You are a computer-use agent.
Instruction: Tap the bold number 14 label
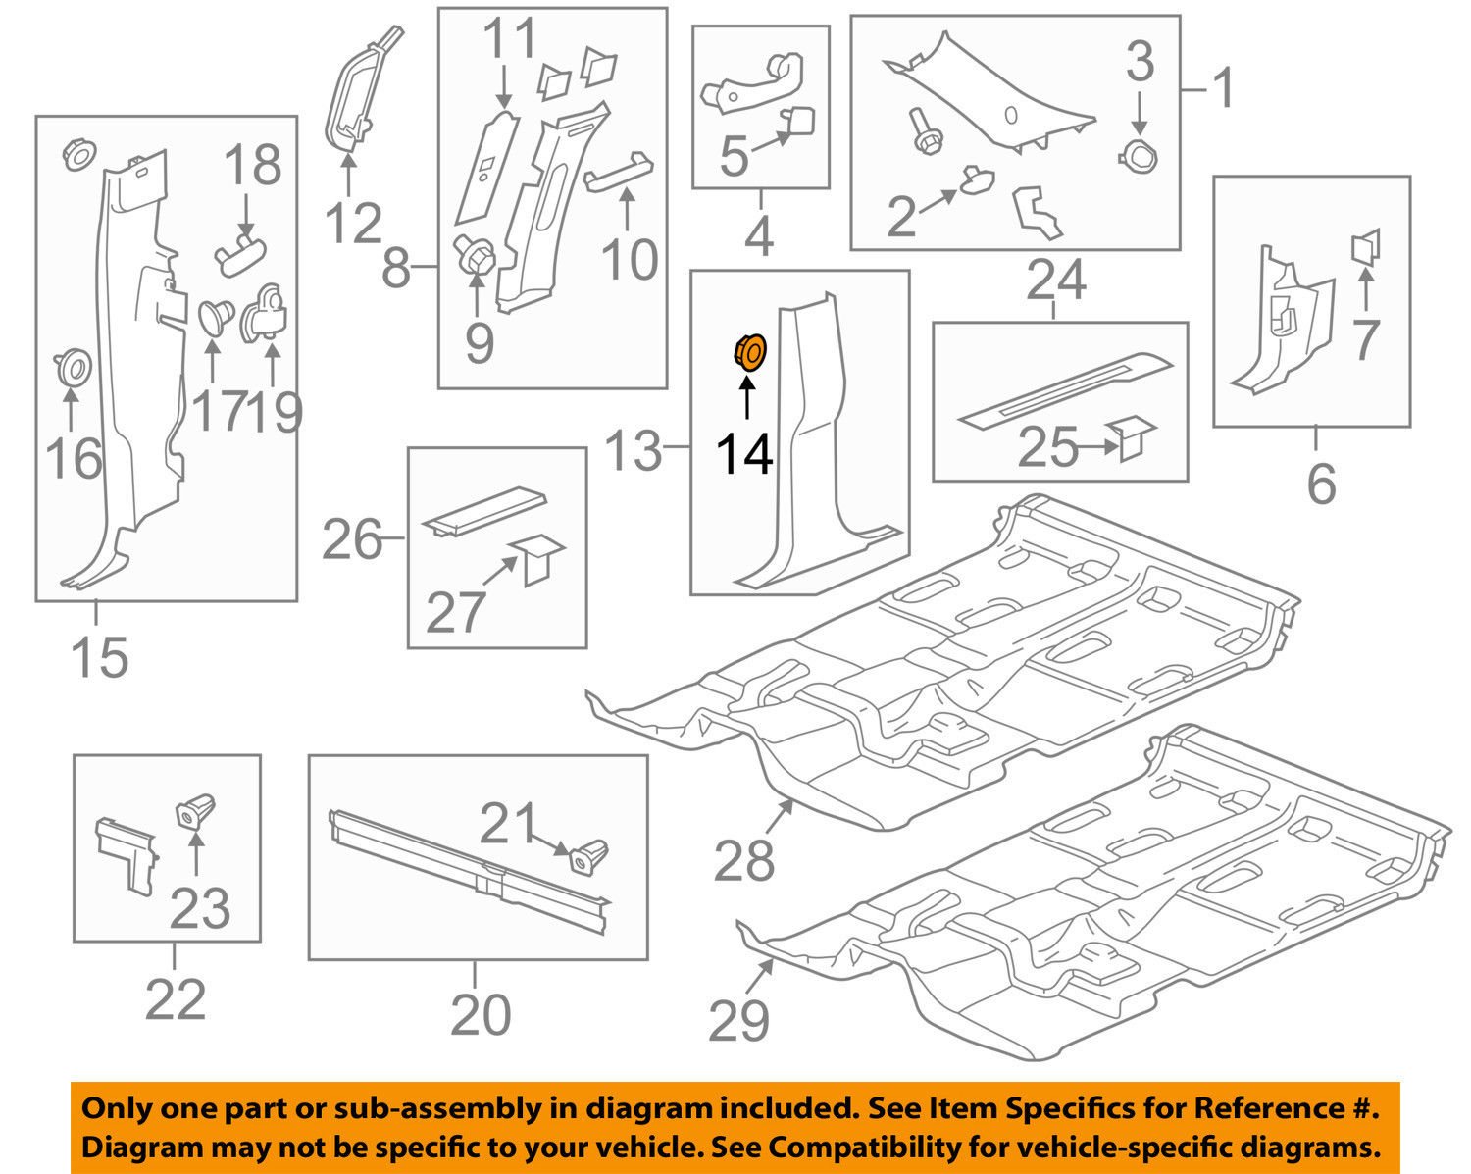coord(744,455)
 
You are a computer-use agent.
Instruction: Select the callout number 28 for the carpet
coord(744,861)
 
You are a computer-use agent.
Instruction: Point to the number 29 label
coord(738,1022)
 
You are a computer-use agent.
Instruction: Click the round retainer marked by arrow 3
coord(1139,155)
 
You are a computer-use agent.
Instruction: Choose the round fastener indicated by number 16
coord(71,367)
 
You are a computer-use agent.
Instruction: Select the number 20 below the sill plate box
coord(481,1014)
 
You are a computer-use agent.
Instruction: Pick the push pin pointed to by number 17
coord(213,319)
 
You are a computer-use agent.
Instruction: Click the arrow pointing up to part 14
coord(746,400)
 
